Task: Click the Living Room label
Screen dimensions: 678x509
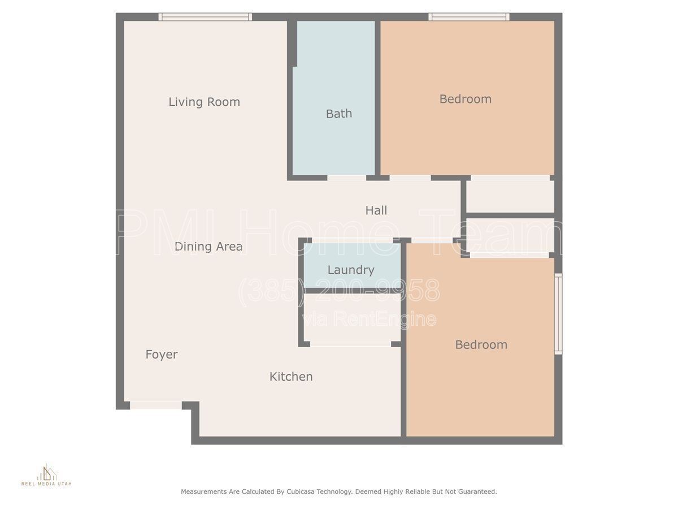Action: (x=204, y=102)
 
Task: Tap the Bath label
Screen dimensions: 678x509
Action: (x=339, y=114)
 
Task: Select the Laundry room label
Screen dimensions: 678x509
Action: (x=351, y=270)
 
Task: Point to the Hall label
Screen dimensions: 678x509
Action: (x=376, y=210)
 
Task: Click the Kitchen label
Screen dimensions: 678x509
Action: (x=291, y=377)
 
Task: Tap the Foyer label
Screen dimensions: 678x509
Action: (x=161, y=355)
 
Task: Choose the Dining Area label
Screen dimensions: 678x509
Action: (x=208, y=247)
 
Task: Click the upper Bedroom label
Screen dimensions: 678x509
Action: (x=465, y=99)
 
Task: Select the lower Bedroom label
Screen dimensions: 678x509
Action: (x=481, y=344)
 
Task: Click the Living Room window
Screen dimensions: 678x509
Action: (x=205, y=17)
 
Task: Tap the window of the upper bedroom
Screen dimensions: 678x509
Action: (x=469, y=17)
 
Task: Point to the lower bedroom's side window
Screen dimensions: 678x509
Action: (x=558, y=314)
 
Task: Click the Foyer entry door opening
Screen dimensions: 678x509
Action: (x=156, y=405)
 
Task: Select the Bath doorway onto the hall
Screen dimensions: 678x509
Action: (x=346, y=178)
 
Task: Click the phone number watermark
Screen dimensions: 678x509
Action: (x=339, y=291)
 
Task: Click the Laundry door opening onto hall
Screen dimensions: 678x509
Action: (x=353, y=240)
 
